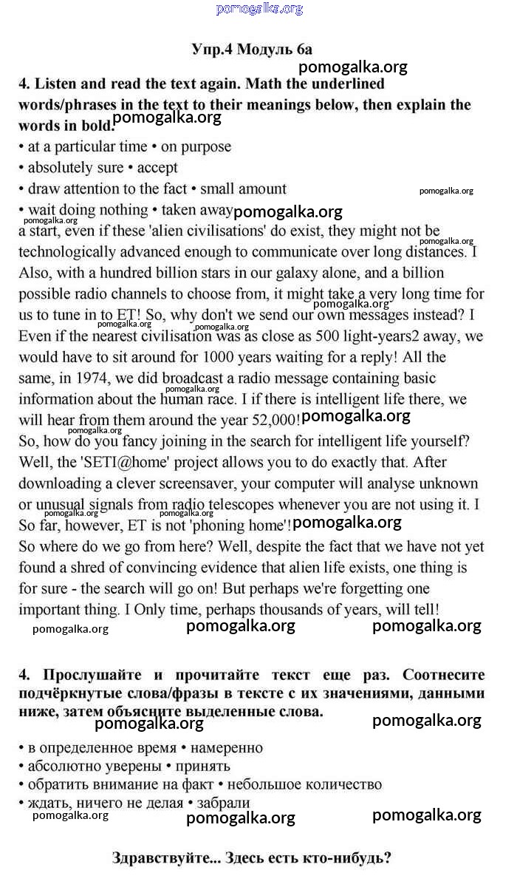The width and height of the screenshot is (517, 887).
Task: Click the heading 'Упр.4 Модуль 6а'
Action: [x=251, y=50]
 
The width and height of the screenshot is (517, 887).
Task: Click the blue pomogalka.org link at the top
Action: [x=259, y=9]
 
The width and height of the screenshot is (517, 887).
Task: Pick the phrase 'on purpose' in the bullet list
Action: [x=196, y=147]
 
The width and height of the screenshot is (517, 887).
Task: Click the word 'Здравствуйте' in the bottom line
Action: [x=158, y=859]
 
